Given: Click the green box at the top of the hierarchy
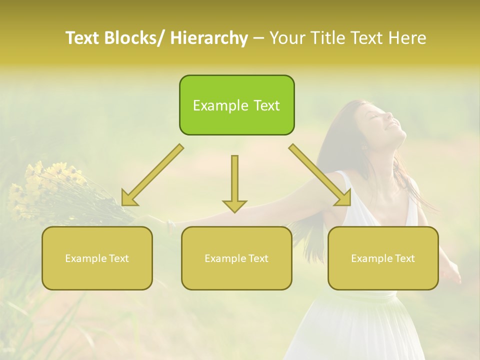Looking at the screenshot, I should point(236,105).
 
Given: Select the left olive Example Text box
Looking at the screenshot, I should point(97,258).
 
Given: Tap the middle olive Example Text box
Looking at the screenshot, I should point(236,258).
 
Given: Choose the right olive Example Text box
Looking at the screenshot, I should point(383,258).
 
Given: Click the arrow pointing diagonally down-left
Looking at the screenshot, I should point(152,175).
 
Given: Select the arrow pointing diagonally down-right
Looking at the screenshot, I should point(320,175).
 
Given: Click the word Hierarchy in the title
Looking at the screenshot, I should point(209,38).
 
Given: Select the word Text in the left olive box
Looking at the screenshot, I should point(118,258).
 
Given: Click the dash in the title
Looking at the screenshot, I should point(258,38).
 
